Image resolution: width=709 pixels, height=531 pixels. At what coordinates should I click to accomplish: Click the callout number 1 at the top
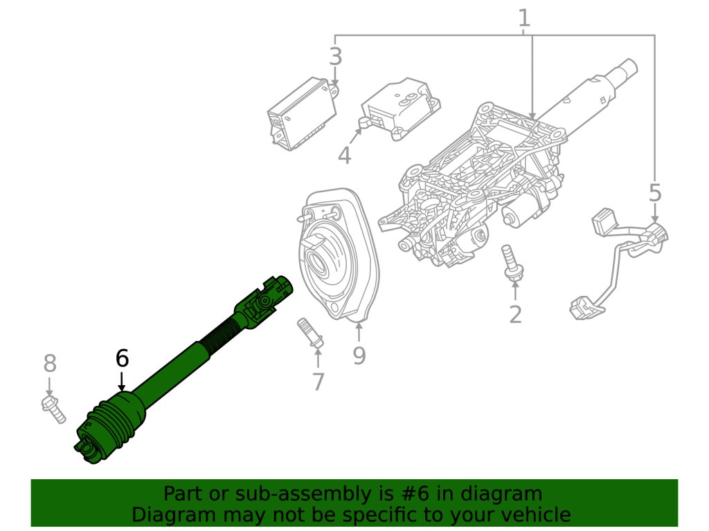click(x=524, y=17)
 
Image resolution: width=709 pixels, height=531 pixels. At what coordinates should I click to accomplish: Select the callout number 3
click(x=336, y=57)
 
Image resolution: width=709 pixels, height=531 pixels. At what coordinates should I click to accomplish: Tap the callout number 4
click(x=344, y=156)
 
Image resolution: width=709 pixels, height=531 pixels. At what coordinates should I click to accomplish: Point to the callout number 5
click(x=655, y=193)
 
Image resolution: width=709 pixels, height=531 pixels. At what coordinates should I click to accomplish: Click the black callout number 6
click(x=122, y=358)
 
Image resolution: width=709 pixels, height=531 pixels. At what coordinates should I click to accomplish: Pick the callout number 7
click(x=318, y=381)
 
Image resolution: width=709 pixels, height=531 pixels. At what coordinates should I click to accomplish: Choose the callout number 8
click(x=50, y=362)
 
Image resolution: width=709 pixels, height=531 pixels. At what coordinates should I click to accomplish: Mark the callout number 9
click(x=359, y=355)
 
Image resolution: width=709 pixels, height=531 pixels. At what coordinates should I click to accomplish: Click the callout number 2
click(x=515, y=314)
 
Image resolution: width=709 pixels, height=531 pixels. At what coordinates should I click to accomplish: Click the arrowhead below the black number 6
click(x=122, y=387)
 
